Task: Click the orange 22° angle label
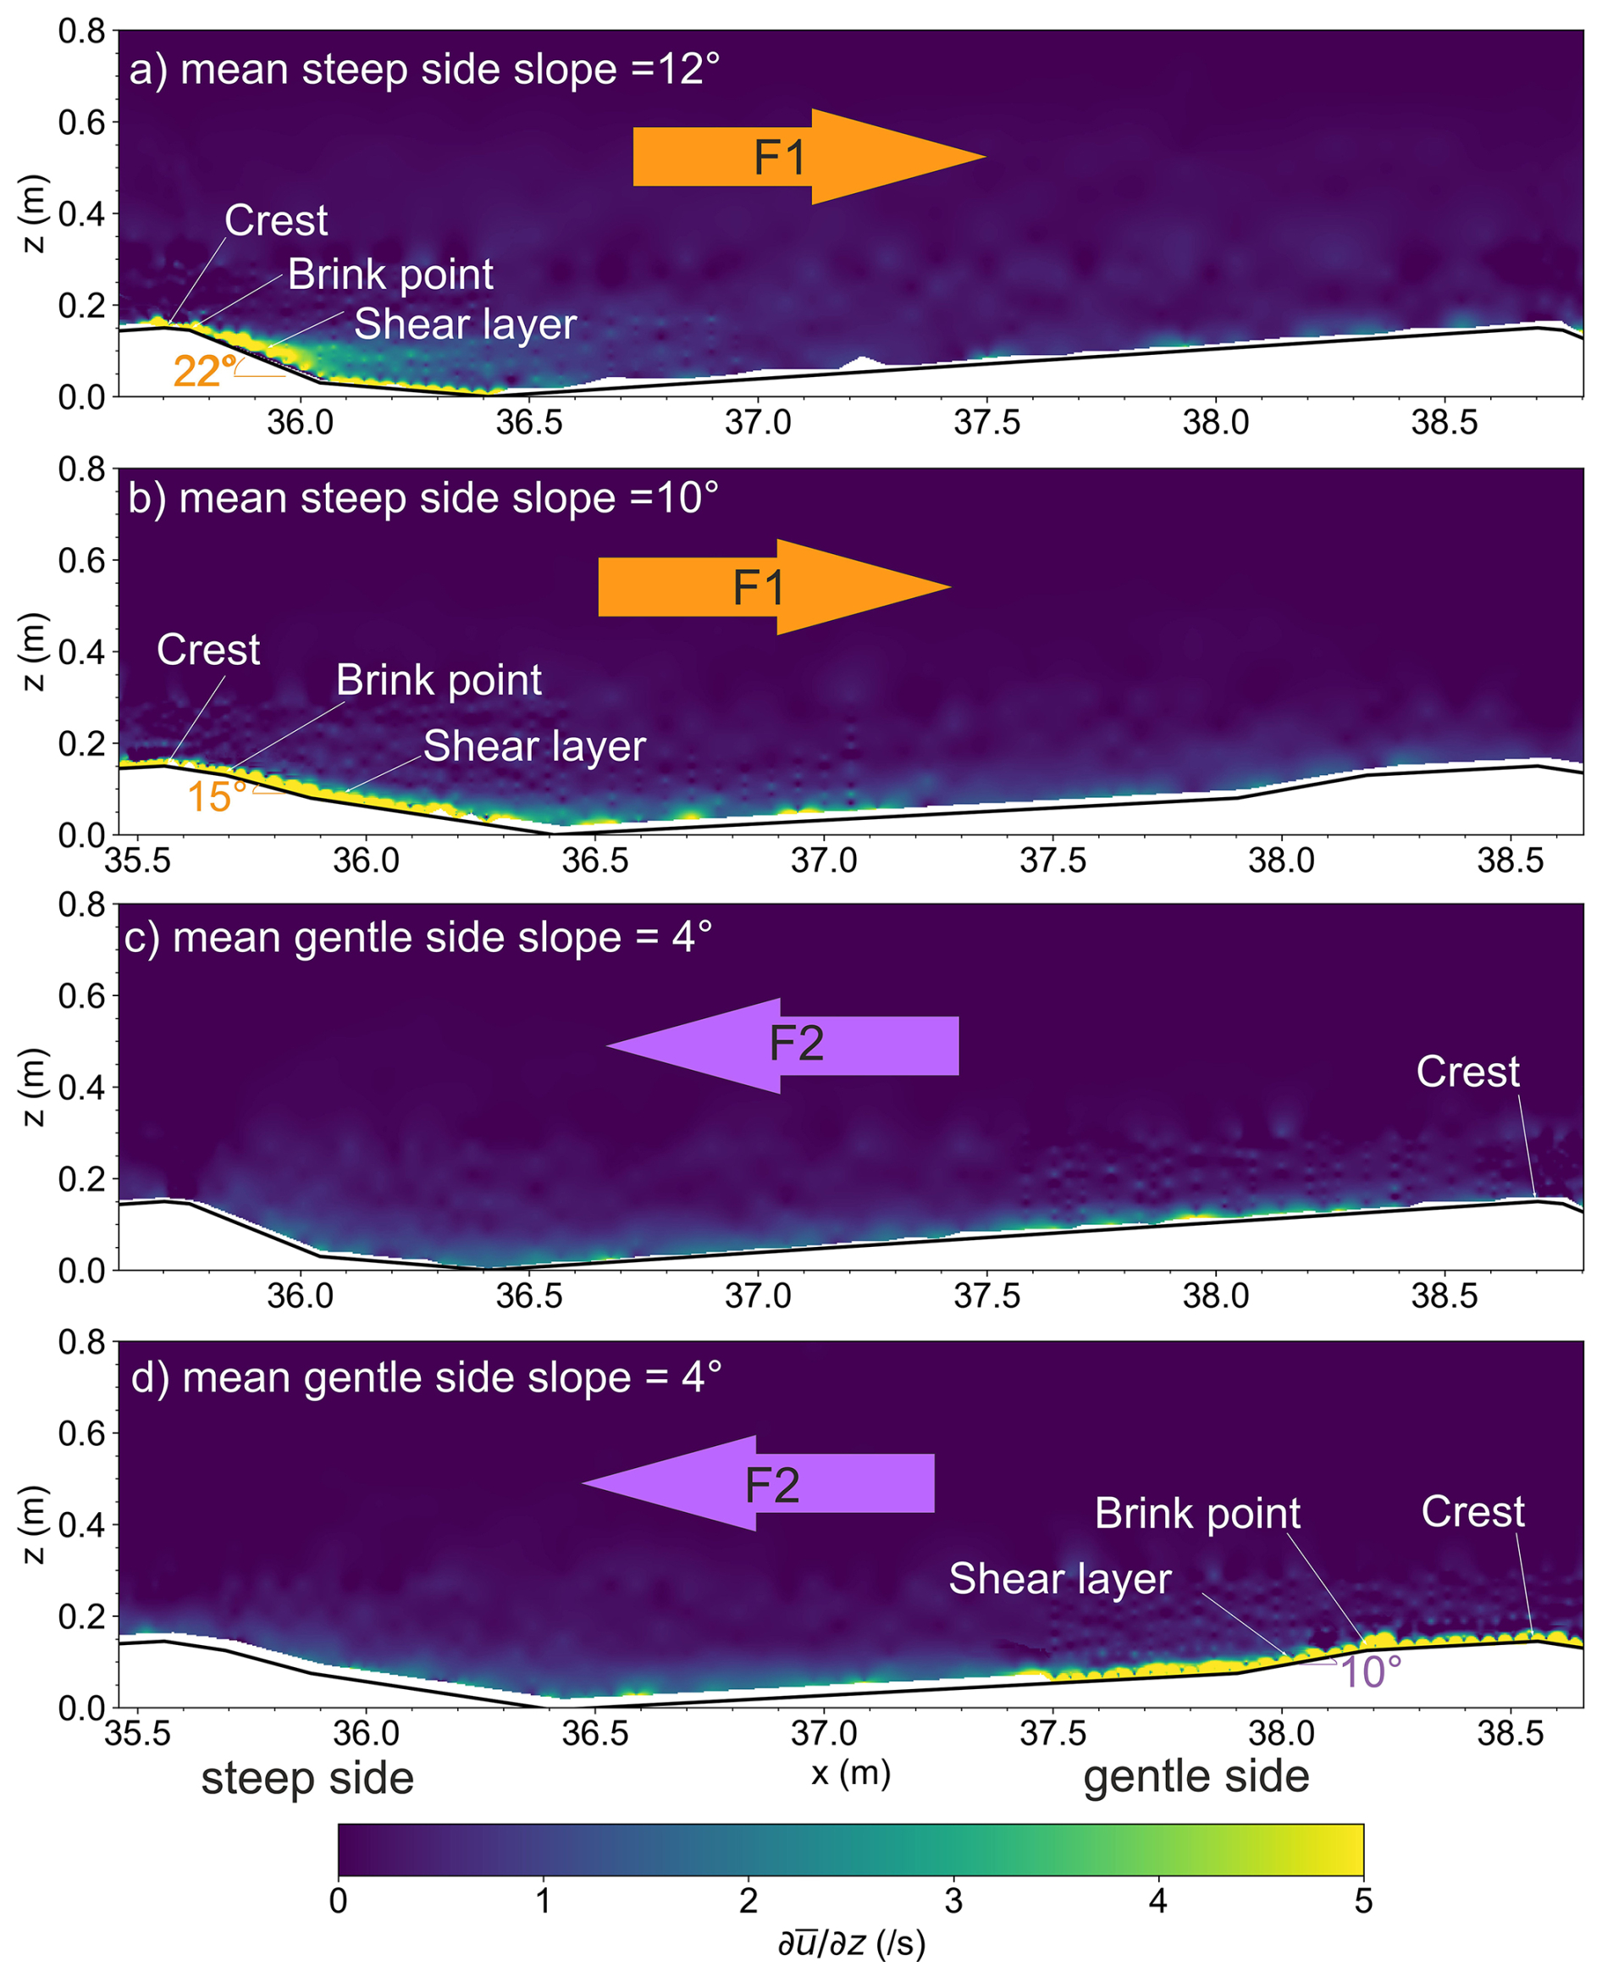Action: point(203,372)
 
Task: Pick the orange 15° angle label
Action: point(217,796)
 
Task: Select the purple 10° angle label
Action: point(1370,1671)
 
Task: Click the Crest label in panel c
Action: point(1467,1072)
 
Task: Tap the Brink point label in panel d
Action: point(1197,1514)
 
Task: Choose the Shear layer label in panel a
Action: point(465,324)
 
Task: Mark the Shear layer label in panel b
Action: point(534,745)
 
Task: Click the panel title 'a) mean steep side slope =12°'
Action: point(424,70)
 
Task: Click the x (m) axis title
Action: point(851,1772)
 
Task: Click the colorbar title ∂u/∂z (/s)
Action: point(851,1943)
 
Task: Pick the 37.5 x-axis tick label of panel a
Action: point(986,423)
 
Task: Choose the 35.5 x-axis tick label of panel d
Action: point(137,1733)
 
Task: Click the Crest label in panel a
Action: point(276,220)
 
